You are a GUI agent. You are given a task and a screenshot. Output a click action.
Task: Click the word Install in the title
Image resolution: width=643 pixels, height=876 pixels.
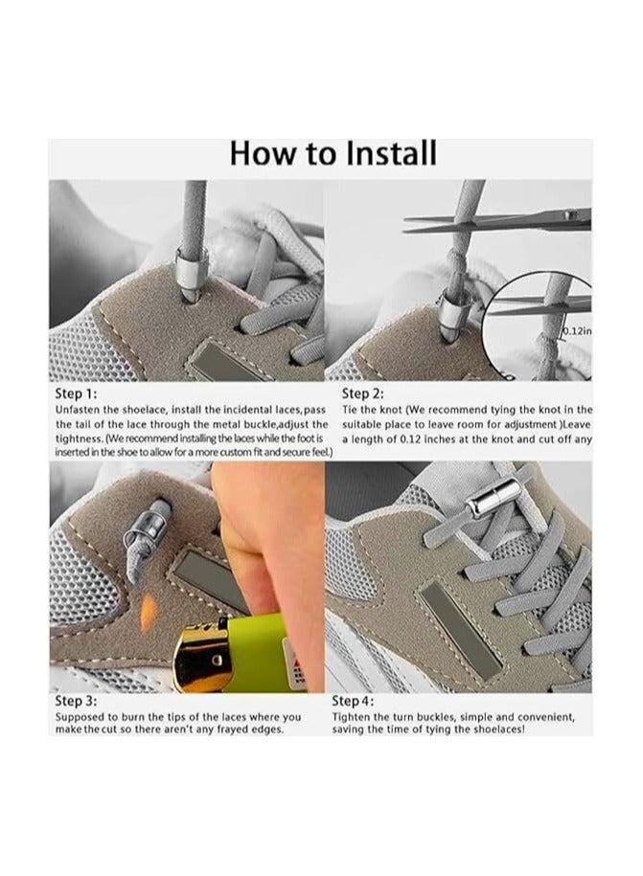(381, 153)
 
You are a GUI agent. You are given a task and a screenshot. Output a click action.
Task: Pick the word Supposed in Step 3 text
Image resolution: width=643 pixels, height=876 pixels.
(83, 717)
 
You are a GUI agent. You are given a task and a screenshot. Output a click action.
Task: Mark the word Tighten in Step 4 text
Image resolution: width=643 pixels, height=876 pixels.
(354, 717)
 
